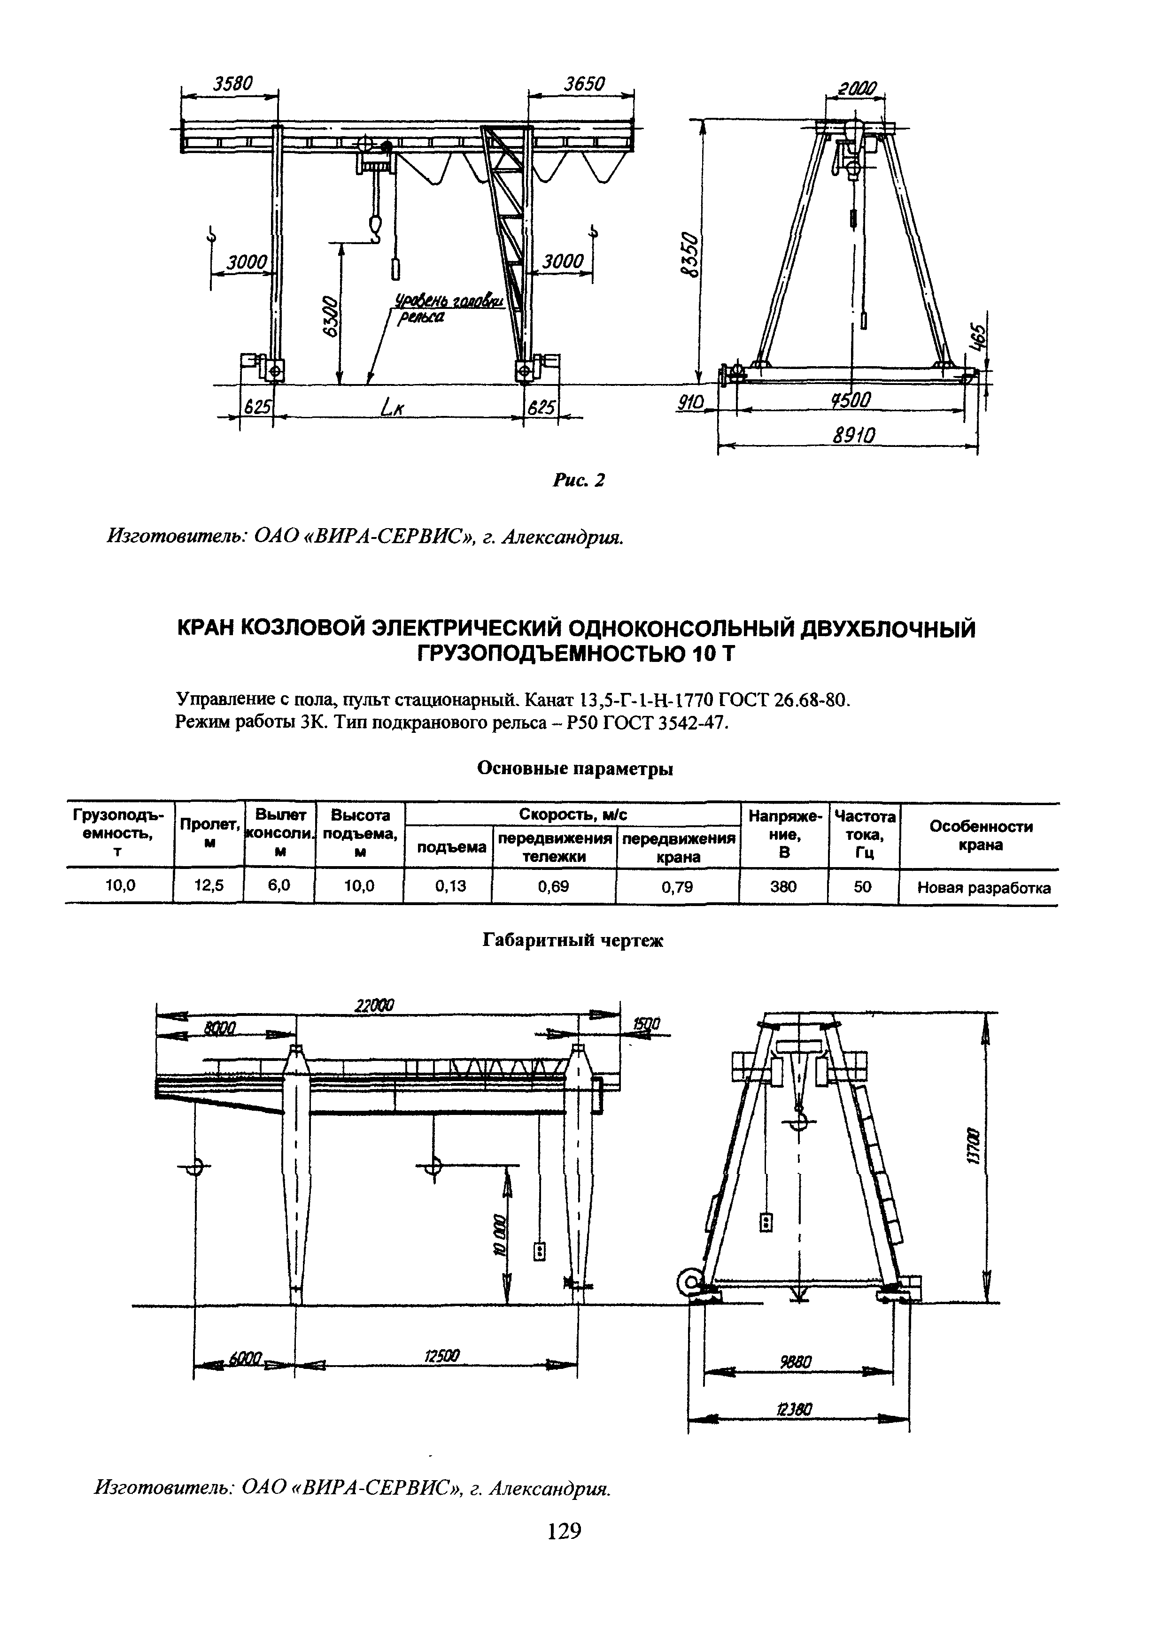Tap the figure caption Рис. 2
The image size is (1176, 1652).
click(x=579, y=479)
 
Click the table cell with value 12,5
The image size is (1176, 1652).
click(x=208, y=886)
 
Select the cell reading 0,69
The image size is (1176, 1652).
click(x=553, y=886)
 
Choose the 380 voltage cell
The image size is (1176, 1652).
click(x=783, y=886)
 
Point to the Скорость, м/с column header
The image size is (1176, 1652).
click(x=572, y=815)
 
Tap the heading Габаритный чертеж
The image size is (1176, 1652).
click(x=573, y=940)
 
